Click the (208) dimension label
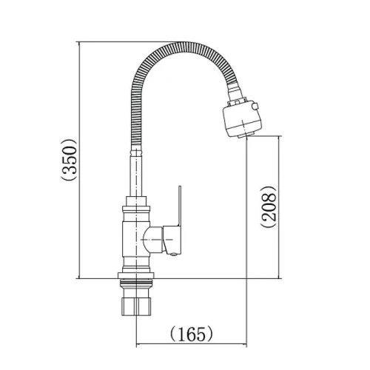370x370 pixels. [269, 206]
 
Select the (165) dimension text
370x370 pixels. [192, 334]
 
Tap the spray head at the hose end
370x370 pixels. [242, 119]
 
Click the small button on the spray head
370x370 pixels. [255, 107]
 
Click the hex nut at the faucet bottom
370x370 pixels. [136, 306]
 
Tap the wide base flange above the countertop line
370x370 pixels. [136, 275]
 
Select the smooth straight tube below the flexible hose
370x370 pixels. [136, 175]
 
